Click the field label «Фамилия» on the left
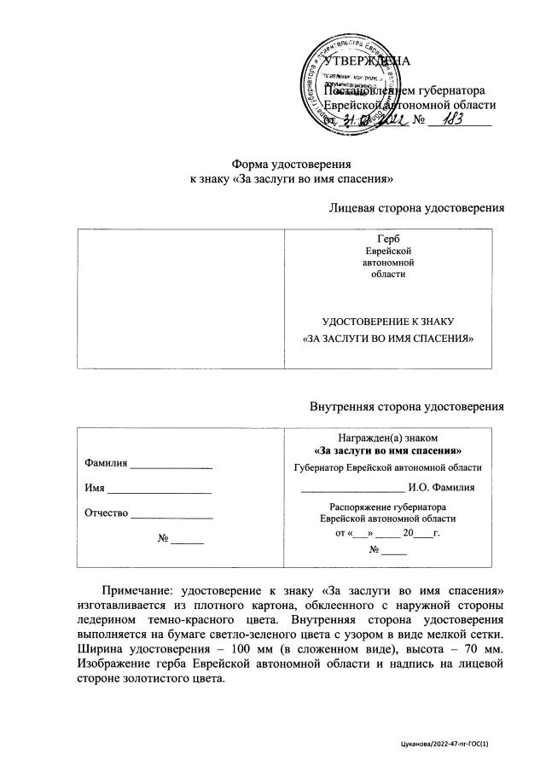[106, 463]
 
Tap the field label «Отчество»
[106, 513]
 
